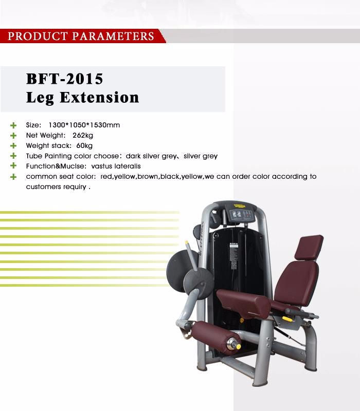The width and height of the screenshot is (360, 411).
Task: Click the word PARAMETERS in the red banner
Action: pyautogui.click(x=113, y=36)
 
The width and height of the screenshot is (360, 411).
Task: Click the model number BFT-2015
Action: pyautogui.click(x=65, y=79)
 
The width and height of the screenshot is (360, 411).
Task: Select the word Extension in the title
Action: pyautogui.click(x=99, y=97)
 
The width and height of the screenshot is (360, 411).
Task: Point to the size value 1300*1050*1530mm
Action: pyautogui.click(x=84, y=125)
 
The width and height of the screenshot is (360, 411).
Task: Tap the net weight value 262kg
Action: pyautogui.click(x=83, y=135)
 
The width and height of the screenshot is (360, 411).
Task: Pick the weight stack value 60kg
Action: pyautogui.click(x=84, y=145)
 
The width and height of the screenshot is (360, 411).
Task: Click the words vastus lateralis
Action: pyautogui.click(x=116, y=166)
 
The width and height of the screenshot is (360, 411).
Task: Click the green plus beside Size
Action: pyautogui.click(x=13, y=125)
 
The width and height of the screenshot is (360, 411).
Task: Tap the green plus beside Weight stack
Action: pyautogui.click(x=13, y=146)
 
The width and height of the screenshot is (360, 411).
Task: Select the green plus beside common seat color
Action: pyautogui.click(x=13, y=177)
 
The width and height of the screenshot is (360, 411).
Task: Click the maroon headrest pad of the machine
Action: pyautogui.click(x=309, y=247)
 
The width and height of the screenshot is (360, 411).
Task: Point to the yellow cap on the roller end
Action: pyautogui.click(x=239, y=347)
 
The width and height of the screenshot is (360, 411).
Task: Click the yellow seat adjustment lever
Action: pyautogui.click(x=287, y=319)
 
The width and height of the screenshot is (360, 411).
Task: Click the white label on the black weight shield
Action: pyautogui.click(x=233, y=255)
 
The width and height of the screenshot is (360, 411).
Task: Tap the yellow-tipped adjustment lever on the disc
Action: pyautogui.click(x=191, y=255)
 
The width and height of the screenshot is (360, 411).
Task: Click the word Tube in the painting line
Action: pyautogui.click(x=34, y=156)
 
